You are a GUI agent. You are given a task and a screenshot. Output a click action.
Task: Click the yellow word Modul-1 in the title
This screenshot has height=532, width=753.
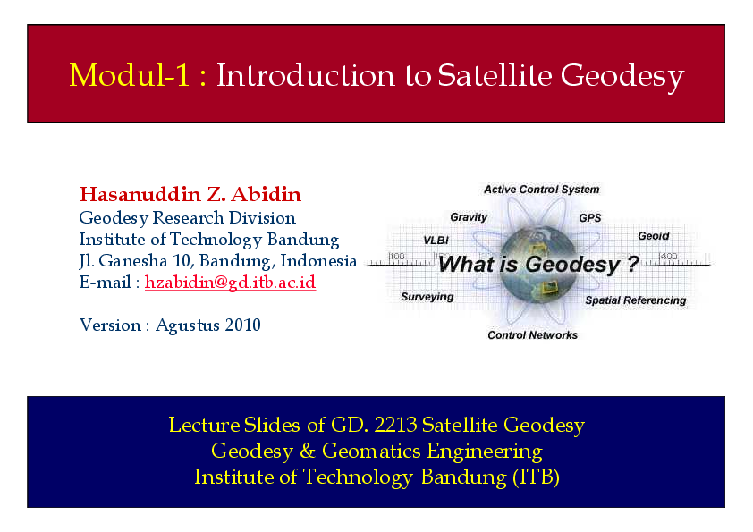pos(130,76)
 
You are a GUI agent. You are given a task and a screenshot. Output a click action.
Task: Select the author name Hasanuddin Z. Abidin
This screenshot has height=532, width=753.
pos(190,195)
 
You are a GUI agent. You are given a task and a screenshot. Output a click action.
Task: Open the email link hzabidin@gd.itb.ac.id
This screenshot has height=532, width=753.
pos(230,283)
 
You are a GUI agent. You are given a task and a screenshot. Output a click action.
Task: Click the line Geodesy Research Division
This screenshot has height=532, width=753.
pos(187,217)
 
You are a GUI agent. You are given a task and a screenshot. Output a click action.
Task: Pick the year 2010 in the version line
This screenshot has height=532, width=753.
pos(243,325)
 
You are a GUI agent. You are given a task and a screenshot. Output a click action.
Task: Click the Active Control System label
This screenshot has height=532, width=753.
pos(541,190)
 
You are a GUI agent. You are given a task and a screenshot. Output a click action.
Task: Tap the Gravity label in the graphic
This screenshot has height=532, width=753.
pos(469,217)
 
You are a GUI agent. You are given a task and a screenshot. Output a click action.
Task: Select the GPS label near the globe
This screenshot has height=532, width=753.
pos(590,217)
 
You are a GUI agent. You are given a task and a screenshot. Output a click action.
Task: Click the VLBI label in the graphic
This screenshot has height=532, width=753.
pos(436,241)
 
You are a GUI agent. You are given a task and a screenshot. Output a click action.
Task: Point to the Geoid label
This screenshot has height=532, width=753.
pos(653,236)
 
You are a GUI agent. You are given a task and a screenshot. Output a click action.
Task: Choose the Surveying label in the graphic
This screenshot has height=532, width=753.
pos(427,297)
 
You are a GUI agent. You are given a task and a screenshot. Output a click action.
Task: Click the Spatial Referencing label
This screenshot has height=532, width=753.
pos(635,300)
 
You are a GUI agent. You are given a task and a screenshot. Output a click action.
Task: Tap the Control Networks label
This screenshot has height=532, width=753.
pos(532,335)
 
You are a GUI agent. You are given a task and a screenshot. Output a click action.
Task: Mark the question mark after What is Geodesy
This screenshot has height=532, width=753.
pos(632,265)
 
